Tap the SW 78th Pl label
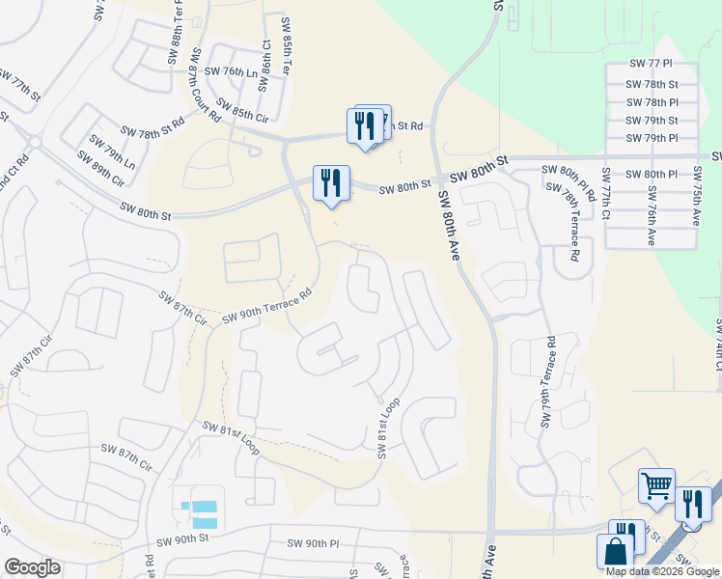click(653, 101)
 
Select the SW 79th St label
click(652, 121)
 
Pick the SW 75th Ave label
click(697, 199)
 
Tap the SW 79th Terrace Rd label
click(549, 382)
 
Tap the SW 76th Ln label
click(218, 72)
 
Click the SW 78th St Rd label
click(153, 128)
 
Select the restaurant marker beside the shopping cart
click(693, 504)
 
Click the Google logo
click(32, 567)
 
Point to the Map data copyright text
click(663, 571)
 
